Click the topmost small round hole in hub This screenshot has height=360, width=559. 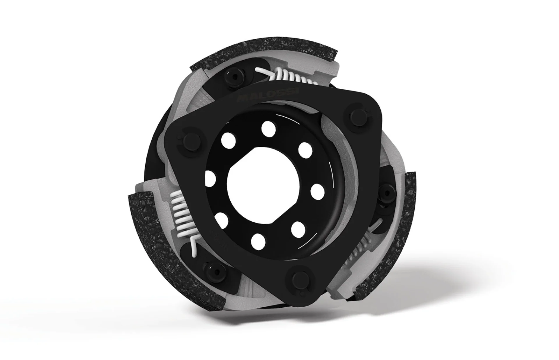[x=268, y=127]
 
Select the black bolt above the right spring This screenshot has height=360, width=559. [x=387, y=192]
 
